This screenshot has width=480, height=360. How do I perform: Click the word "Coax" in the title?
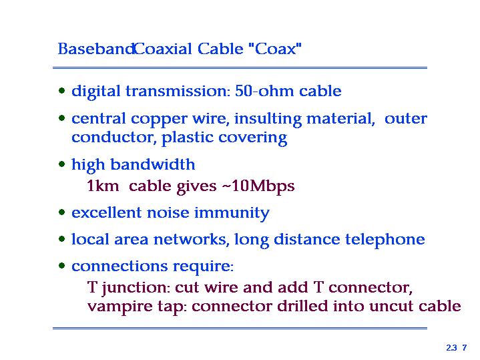coord(275,48)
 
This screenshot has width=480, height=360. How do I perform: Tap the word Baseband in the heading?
coord(96,48)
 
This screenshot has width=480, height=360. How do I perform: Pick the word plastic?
coord(187,138)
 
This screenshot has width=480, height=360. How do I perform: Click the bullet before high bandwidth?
coord(62,164)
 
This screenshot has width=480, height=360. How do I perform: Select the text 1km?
coord(103,186)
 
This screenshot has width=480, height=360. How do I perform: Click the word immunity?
coord(232,213)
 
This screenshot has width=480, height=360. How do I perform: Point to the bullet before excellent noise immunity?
coord(62,212)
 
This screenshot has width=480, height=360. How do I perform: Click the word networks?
coord(189,240)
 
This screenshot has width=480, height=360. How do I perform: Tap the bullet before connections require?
coord(62,265)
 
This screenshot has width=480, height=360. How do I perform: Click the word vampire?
coord(119,307)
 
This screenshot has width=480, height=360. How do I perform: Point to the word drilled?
coord(302,306)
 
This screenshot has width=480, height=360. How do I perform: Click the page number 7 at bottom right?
coord(465,348)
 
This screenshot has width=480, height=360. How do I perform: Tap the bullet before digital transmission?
coord(62,91)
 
